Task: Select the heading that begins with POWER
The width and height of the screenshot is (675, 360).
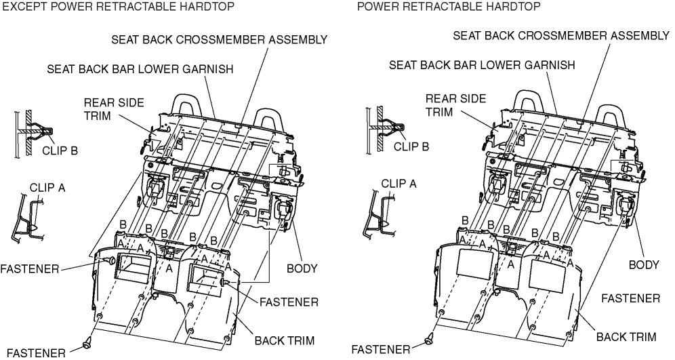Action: coord(449,7)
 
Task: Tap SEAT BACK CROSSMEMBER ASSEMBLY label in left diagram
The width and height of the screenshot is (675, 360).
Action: coord(219,39)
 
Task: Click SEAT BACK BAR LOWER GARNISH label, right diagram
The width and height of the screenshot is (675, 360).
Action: coord(482,65)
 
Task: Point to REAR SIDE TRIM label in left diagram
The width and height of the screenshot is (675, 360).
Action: coord(104,109)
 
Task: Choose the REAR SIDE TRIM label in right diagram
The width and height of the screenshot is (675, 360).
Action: coord(455,105)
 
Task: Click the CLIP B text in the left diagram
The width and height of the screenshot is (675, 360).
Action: coord(59,151)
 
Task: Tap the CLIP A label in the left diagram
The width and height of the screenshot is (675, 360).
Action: coord(47,188)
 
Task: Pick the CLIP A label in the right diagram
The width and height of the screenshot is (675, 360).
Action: coord(399,183)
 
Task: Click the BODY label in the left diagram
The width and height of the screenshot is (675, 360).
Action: coord(302,268)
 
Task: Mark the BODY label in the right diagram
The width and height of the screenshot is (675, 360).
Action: coord(644,264)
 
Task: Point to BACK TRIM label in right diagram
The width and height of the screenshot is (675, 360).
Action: coord(626,336)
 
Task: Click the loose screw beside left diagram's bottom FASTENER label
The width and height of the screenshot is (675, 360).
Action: coord(87,344)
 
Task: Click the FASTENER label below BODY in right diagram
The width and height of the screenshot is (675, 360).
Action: coord(631,298)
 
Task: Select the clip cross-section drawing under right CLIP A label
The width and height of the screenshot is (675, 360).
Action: coord(378,212)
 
